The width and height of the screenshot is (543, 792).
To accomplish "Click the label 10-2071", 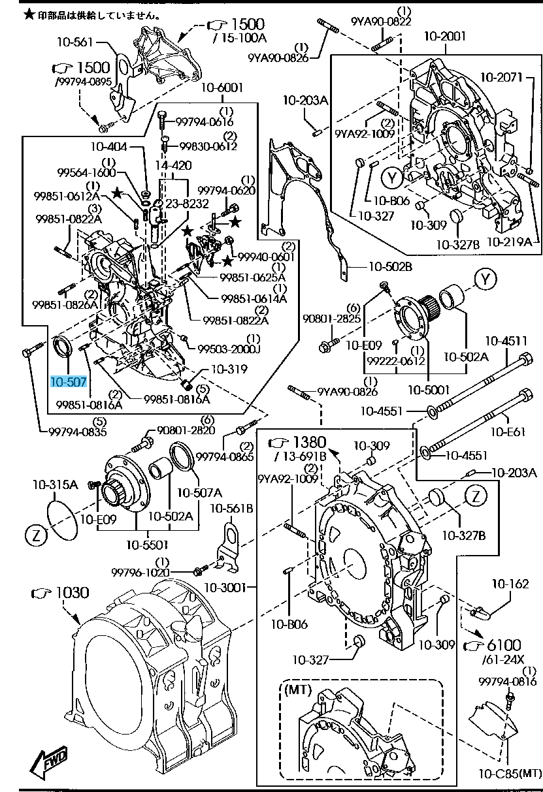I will tap(503, 78).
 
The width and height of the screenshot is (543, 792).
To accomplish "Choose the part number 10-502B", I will tap(390, 266).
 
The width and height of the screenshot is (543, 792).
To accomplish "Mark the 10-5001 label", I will tap(428, 390).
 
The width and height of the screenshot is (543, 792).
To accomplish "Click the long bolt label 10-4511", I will tap(506, 340).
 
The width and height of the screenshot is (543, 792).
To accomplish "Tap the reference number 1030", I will tap(69, 593).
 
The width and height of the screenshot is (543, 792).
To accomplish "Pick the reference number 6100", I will tap(502, 645).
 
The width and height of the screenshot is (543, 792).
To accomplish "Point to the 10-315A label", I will tap(56, 485).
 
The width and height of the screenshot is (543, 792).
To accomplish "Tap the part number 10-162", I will tap(510, 584).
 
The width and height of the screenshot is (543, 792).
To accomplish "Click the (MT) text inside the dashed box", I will tap(297, 689).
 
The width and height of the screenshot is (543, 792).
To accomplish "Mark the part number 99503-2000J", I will tap(229, 349).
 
